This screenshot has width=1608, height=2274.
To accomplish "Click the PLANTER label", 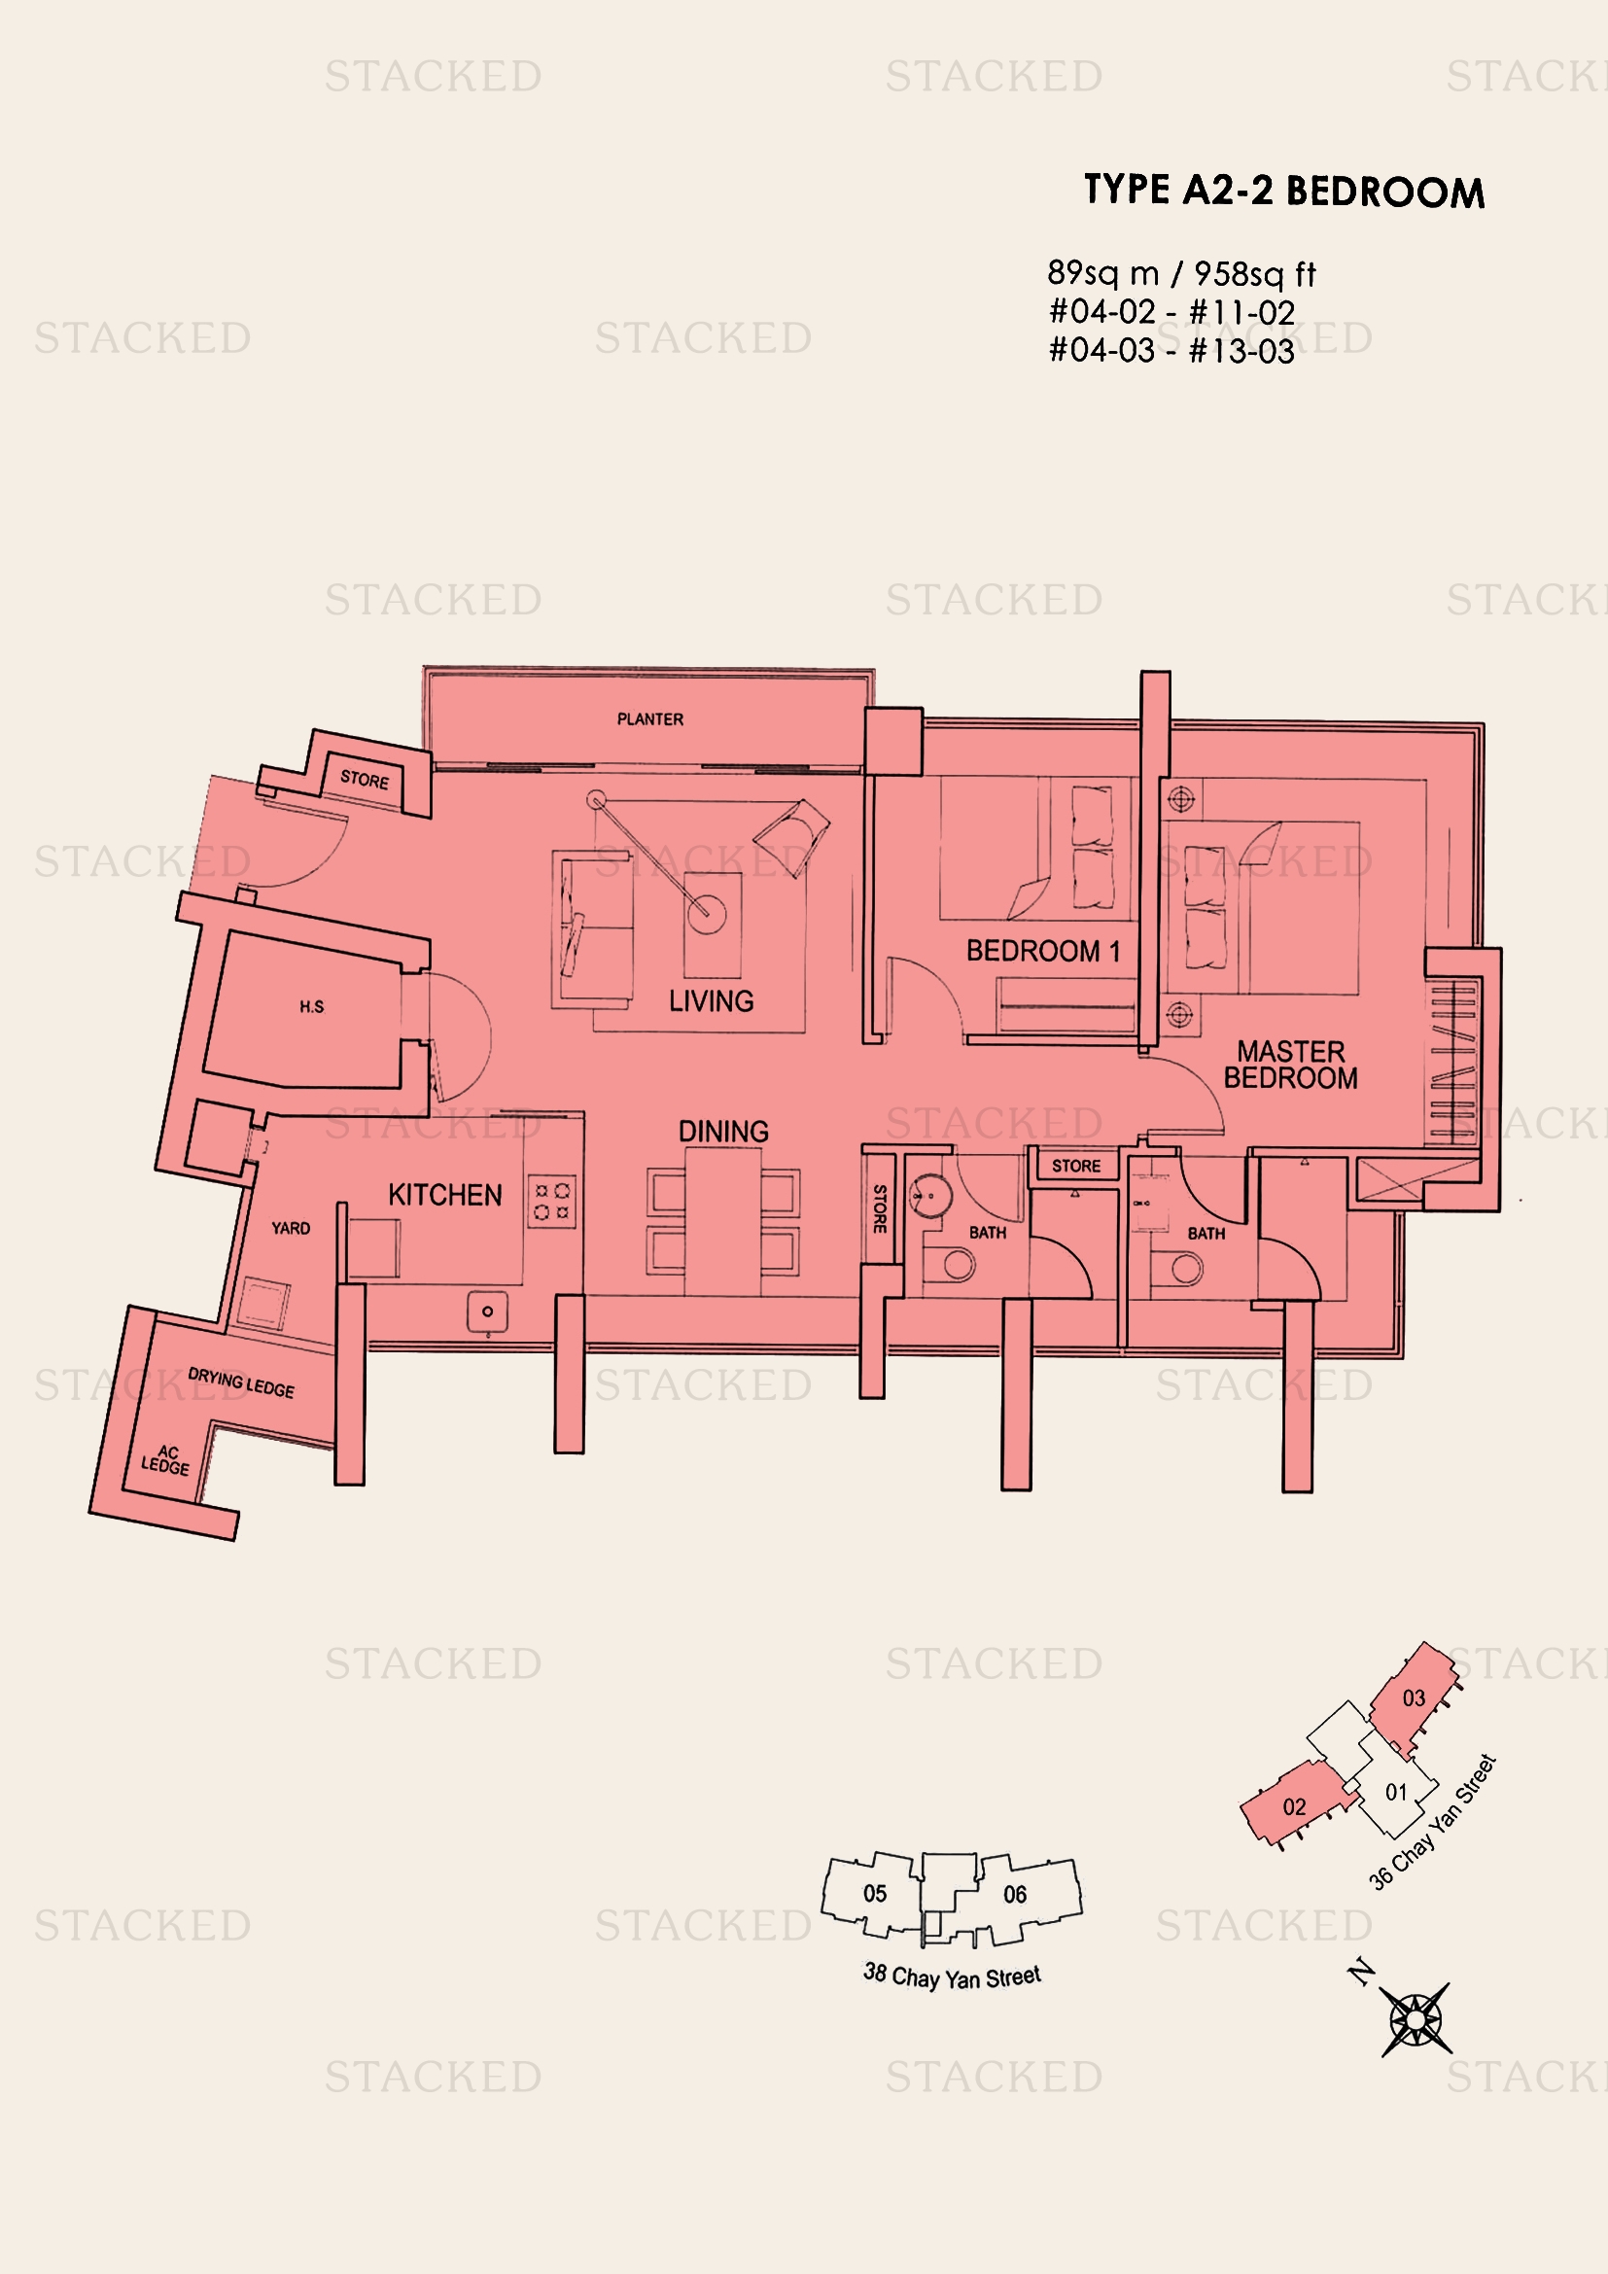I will pos(649,719).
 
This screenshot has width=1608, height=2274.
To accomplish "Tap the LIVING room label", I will pos(711,1001).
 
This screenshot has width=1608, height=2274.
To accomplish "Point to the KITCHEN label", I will pos(444,1196).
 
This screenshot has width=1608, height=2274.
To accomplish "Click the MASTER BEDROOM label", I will pos(1290,1065).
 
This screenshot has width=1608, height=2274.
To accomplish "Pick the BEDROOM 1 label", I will pos(1042,951).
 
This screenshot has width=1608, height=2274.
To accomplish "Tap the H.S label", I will pos(312,1007).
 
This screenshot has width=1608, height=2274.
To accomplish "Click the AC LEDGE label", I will pos(165,1460).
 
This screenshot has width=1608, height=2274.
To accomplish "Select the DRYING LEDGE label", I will pos(240,1382).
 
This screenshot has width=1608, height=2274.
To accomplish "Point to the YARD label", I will pos(290,1228).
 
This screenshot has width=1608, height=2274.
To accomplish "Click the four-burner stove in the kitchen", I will pos(552,1201).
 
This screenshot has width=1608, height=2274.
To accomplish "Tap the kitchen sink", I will pos(487,1312).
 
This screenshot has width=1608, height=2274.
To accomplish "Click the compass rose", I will pos(1416,2019).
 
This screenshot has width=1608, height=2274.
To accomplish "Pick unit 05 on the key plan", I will pos(874,1894).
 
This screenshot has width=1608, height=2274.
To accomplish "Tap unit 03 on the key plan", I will pos(1414,1698).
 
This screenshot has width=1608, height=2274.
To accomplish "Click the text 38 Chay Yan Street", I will pos(952,1977).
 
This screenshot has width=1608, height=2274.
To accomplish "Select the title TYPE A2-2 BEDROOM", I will pos(1284,191).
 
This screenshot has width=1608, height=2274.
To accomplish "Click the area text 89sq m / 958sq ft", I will pos(1181,273).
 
